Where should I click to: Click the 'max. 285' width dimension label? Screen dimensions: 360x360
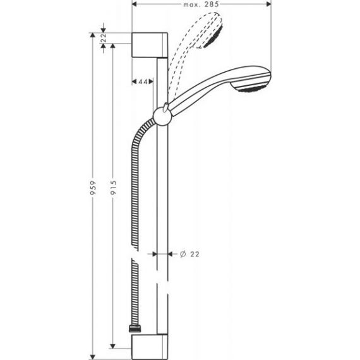coord(201,4)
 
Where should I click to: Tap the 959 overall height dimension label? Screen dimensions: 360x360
coord(93,188)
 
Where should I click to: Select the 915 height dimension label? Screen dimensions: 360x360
coord(114,188)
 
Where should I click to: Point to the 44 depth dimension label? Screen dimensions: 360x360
coord(143,81)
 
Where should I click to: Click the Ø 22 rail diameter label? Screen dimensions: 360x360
coord(189,254)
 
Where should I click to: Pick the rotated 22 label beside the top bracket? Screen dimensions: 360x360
coord(104,37)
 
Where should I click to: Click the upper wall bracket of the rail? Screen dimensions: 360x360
coord(150,45)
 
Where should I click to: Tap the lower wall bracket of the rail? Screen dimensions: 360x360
coord(150,347)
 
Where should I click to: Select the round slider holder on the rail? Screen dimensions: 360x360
coord(162,116)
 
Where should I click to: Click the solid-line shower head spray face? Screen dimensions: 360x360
coord(252,86)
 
